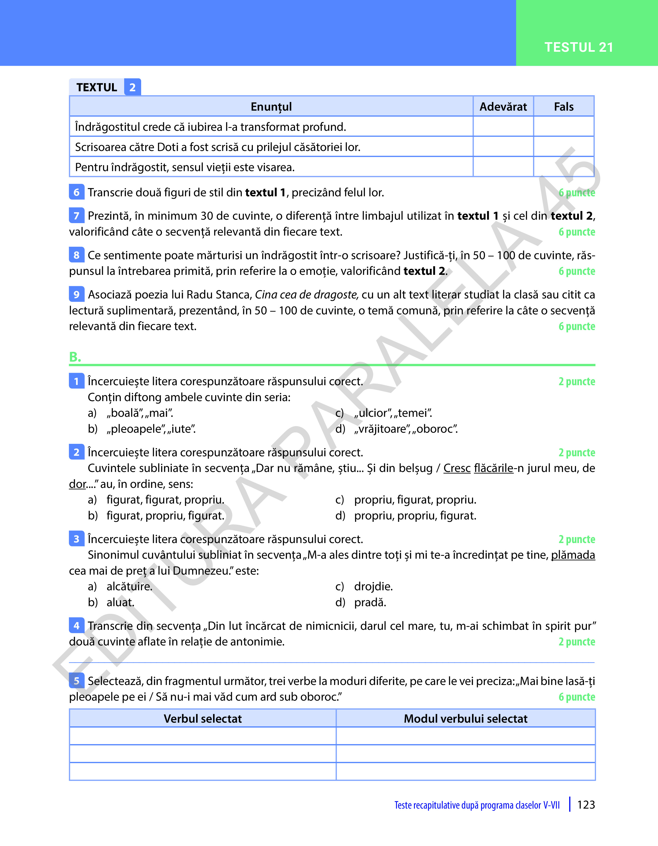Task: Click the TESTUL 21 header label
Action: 579,47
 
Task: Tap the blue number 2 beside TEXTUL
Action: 133,87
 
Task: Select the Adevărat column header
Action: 503,107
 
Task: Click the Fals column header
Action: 564,107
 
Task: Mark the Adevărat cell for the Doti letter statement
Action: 503,147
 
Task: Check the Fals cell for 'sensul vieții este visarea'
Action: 564,167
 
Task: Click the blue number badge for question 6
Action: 76,192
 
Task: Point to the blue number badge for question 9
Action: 76,295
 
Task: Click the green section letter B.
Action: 75,357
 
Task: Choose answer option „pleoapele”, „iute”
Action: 151,429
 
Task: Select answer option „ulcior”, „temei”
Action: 393,413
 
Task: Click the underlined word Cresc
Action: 457,468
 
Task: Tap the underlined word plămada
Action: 573,555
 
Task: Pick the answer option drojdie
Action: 373,587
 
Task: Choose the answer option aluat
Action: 120,602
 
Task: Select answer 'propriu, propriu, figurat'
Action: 415,515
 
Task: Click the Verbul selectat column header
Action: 203,719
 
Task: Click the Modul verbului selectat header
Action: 465,719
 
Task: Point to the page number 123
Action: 586,805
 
